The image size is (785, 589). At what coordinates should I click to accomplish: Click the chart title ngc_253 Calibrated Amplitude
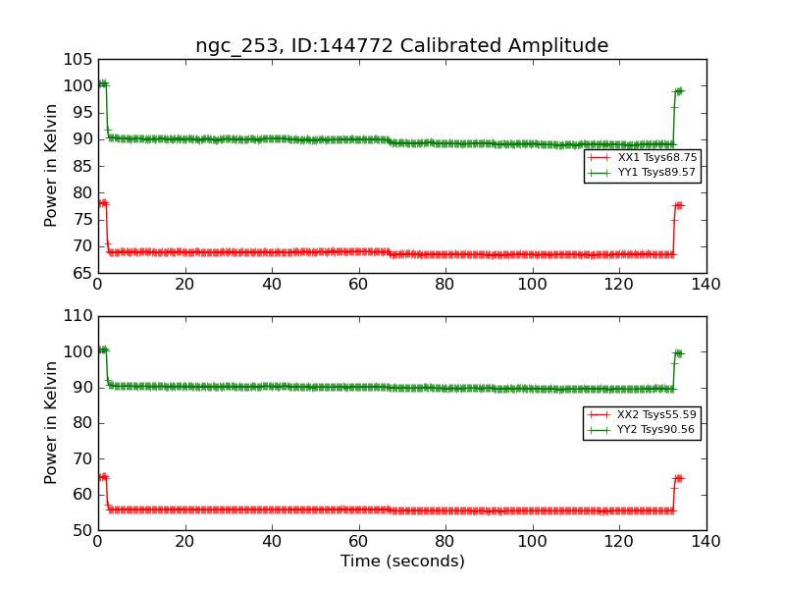(401, 46)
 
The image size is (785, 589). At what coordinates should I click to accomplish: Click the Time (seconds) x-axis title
(402, 562)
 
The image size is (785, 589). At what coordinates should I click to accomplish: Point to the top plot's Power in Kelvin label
(52, 166)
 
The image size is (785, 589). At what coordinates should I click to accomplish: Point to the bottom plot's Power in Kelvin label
(52, 423)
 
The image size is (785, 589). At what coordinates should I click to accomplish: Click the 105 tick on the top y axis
(78, 59)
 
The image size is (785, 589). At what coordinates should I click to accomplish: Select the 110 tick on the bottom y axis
(78, 316)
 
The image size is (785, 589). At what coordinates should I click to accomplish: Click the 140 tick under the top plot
(706, 286)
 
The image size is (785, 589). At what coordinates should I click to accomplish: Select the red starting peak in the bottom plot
(102, 477)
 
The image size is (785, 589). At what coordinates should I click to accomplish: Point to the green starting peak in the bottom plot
(102, 349)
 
